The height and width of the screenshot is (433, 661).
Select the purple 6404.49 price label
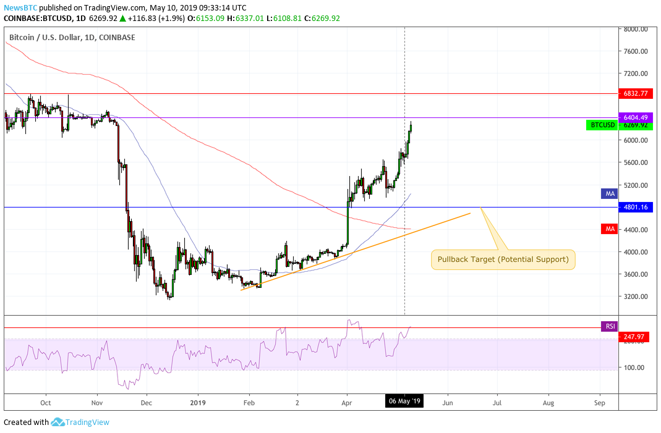pos(635,117)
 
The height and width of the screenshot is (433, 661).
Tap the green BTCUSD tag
pos(602,125)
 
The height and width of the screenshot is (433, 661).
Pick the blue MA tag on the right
pos(610,194)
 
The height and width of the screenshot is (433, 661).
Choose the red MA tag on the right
pos(610,229)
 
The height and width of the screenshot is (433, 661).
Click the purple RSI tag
pos(609,326)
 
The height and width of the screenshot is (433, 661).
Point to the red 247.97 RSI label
pos(633,337)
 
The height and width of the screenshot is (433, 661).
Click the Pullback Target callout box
pos(503,259)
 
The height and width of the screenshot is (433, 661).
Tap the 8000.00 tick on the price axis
pos(635,29)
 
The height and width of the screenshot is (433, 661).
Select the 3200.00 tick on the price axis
pos(635,296)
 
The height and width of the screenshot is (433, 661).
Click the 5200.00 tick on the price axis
pos(635,185)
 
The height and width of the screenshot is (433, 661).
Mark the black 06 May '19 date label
pos(404,401)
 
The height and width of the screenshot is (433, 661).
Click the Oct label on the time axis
pos(45,401)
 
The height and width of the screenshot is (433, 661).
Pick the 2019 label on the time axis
pos(198,401)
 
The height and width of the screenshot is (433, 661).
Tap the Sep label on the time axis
pos(599,401)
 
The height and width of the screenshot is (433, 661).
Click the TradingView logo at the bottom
pos(80,422)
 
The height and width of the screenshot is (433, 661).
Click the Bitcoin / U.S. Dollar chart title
pos(72,38)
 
